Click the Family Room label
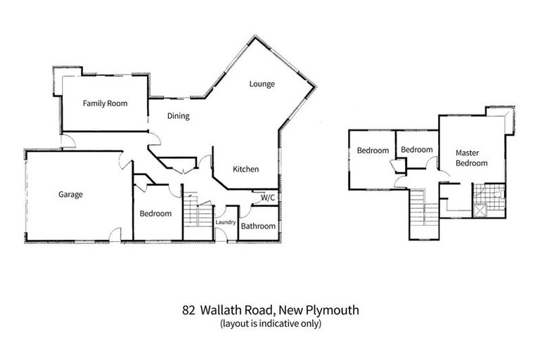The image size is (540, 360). (105, 103)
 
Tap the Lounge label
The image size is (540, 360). (262, 84)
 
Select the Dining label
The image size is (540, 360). (178, 116)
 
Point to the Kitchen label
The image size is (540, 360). (246, 169)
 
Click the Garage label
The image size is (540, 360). (70, 194)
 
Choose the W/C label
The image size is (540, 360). (267, 198)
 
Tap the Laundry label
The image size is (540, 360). (226, 222)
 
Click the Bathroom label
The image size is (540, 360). (258, 226)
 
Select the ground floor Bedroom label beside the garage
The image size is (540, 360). (155, 214)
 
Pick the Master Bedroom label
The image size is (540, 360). (471, 157)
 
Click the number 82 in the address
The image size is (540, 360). (188, 309)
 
